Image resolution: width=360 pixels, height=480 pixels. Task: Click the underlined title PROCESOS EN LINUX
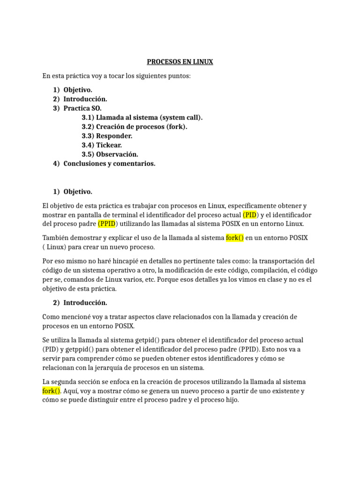[180, 62]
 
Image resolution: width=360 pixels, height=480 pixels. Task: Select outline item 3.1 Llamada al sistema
[142, 117]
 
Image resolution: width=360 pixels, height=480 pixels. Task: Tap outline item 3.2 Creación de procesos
[134, 127]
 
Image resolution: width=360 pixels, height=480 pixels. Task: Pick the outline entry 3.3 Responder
[107, 136]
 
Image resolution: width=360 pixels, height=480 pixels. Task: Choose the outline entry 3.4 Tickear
[102, 145]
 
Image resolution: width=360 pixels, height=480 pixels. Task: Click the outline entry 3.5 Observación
[110, 154]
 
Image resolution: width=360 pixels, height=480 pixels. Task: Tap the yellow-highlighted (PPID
[107, 224]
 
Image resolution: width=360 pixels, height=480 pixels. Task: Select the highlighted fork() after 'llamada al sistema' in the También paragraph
[235, 238]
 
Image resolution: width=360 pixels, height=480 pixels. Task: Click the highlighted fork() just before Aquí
[52, 391]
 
